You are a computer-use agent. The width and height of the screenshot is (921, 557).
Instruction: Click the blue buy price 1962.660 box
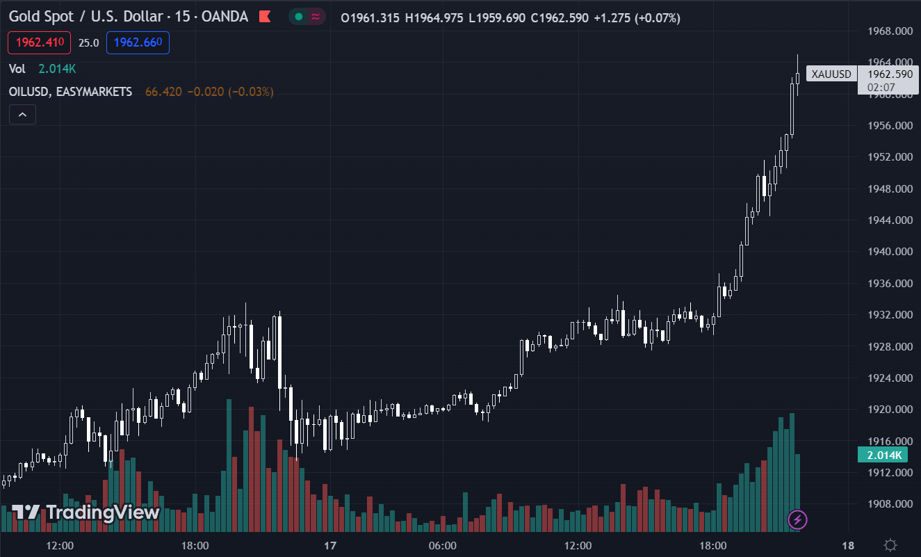tap(138, 42)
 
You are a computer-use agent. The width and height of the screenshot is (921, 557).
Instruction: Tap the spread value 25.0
tap(88, 43)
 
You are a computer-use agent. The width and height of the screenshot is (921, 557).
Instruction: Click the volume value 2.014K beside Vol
tap(57, 68)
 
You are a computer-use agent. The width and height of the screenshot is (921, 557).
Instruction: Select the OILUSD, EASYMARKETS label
tap(70, 92)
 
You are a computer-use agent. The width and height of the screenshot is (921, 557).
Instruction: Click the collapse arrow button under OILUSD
tap(22, 115)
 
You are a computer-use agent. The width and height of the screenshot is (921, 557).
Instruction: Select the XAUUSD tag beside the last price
tap(831, 74)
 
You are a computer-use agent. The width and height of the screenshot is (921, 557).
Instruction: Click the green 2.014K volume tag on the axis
tap(883, 455)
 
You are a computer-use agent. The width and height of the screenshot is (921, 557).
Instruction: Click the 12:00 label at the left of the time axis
tap(60, 545)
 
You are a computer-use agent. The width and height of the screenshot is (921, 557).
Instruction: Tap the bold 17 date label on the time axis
tap(330, 545)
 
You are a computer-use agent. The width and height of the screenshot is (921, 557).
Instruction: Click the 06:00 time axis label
tap(443, 545)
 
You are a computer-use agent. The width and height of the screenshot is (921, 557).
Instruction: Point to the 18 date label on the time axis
tap(848, 545)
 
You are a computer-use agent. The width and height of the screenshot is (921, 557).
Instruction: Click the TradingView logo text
tap(103, 513)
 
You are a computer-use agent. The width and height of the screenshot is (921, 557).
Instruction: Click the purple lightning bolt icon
tap(797, 519)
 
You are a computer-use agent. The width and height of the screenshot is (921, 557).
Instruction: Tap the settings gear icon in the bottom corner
tap(890, 545)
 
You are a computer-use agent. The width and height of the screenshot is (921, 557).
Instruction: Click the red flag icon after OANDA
tap(264, 17)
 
